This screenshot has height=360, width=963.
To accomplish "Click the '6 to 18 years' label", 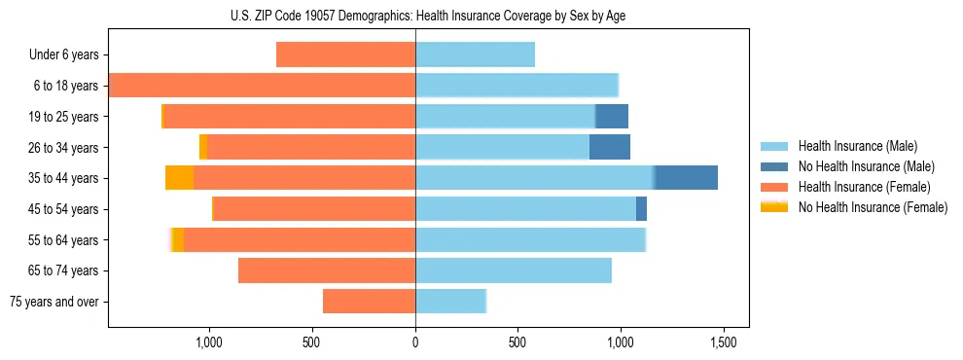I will click(x=65, y=86).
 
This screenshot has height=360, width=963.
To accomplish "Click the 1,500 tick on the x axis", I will click(x=723, y=342).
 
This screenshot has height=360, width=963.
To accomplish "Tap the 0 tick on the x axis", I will click(x=415, y=342).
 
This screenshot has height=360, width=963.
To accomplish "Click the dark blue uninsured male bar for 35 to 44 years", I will click(x=686, y=178).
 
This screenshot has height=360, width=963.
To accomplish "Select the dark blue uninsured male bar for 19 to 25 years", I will click(x=612, y=117).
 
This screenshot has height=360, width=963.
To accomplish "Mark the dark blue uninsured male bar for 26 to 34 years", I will click(x=610, y=147).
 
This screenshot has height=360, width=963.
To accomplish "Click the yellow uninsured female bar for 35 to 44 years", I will click(x=180, y=178).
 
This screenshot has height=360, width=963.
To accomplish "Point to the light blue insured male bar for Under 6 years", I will click(x=475, y=55).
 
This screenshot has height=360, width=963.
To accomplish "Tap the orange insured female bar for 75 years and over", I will click(x=369, y=302).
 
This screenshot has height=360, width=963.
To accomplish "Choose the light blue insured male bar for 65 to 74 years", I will click(x=513, y=270).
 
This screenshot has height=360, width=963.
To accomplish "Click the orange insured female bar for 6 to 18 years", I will click(x=263, y=86).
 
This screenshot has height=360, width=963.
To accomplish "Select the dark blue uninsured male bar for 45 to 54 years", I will click(x=641, y=209).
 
